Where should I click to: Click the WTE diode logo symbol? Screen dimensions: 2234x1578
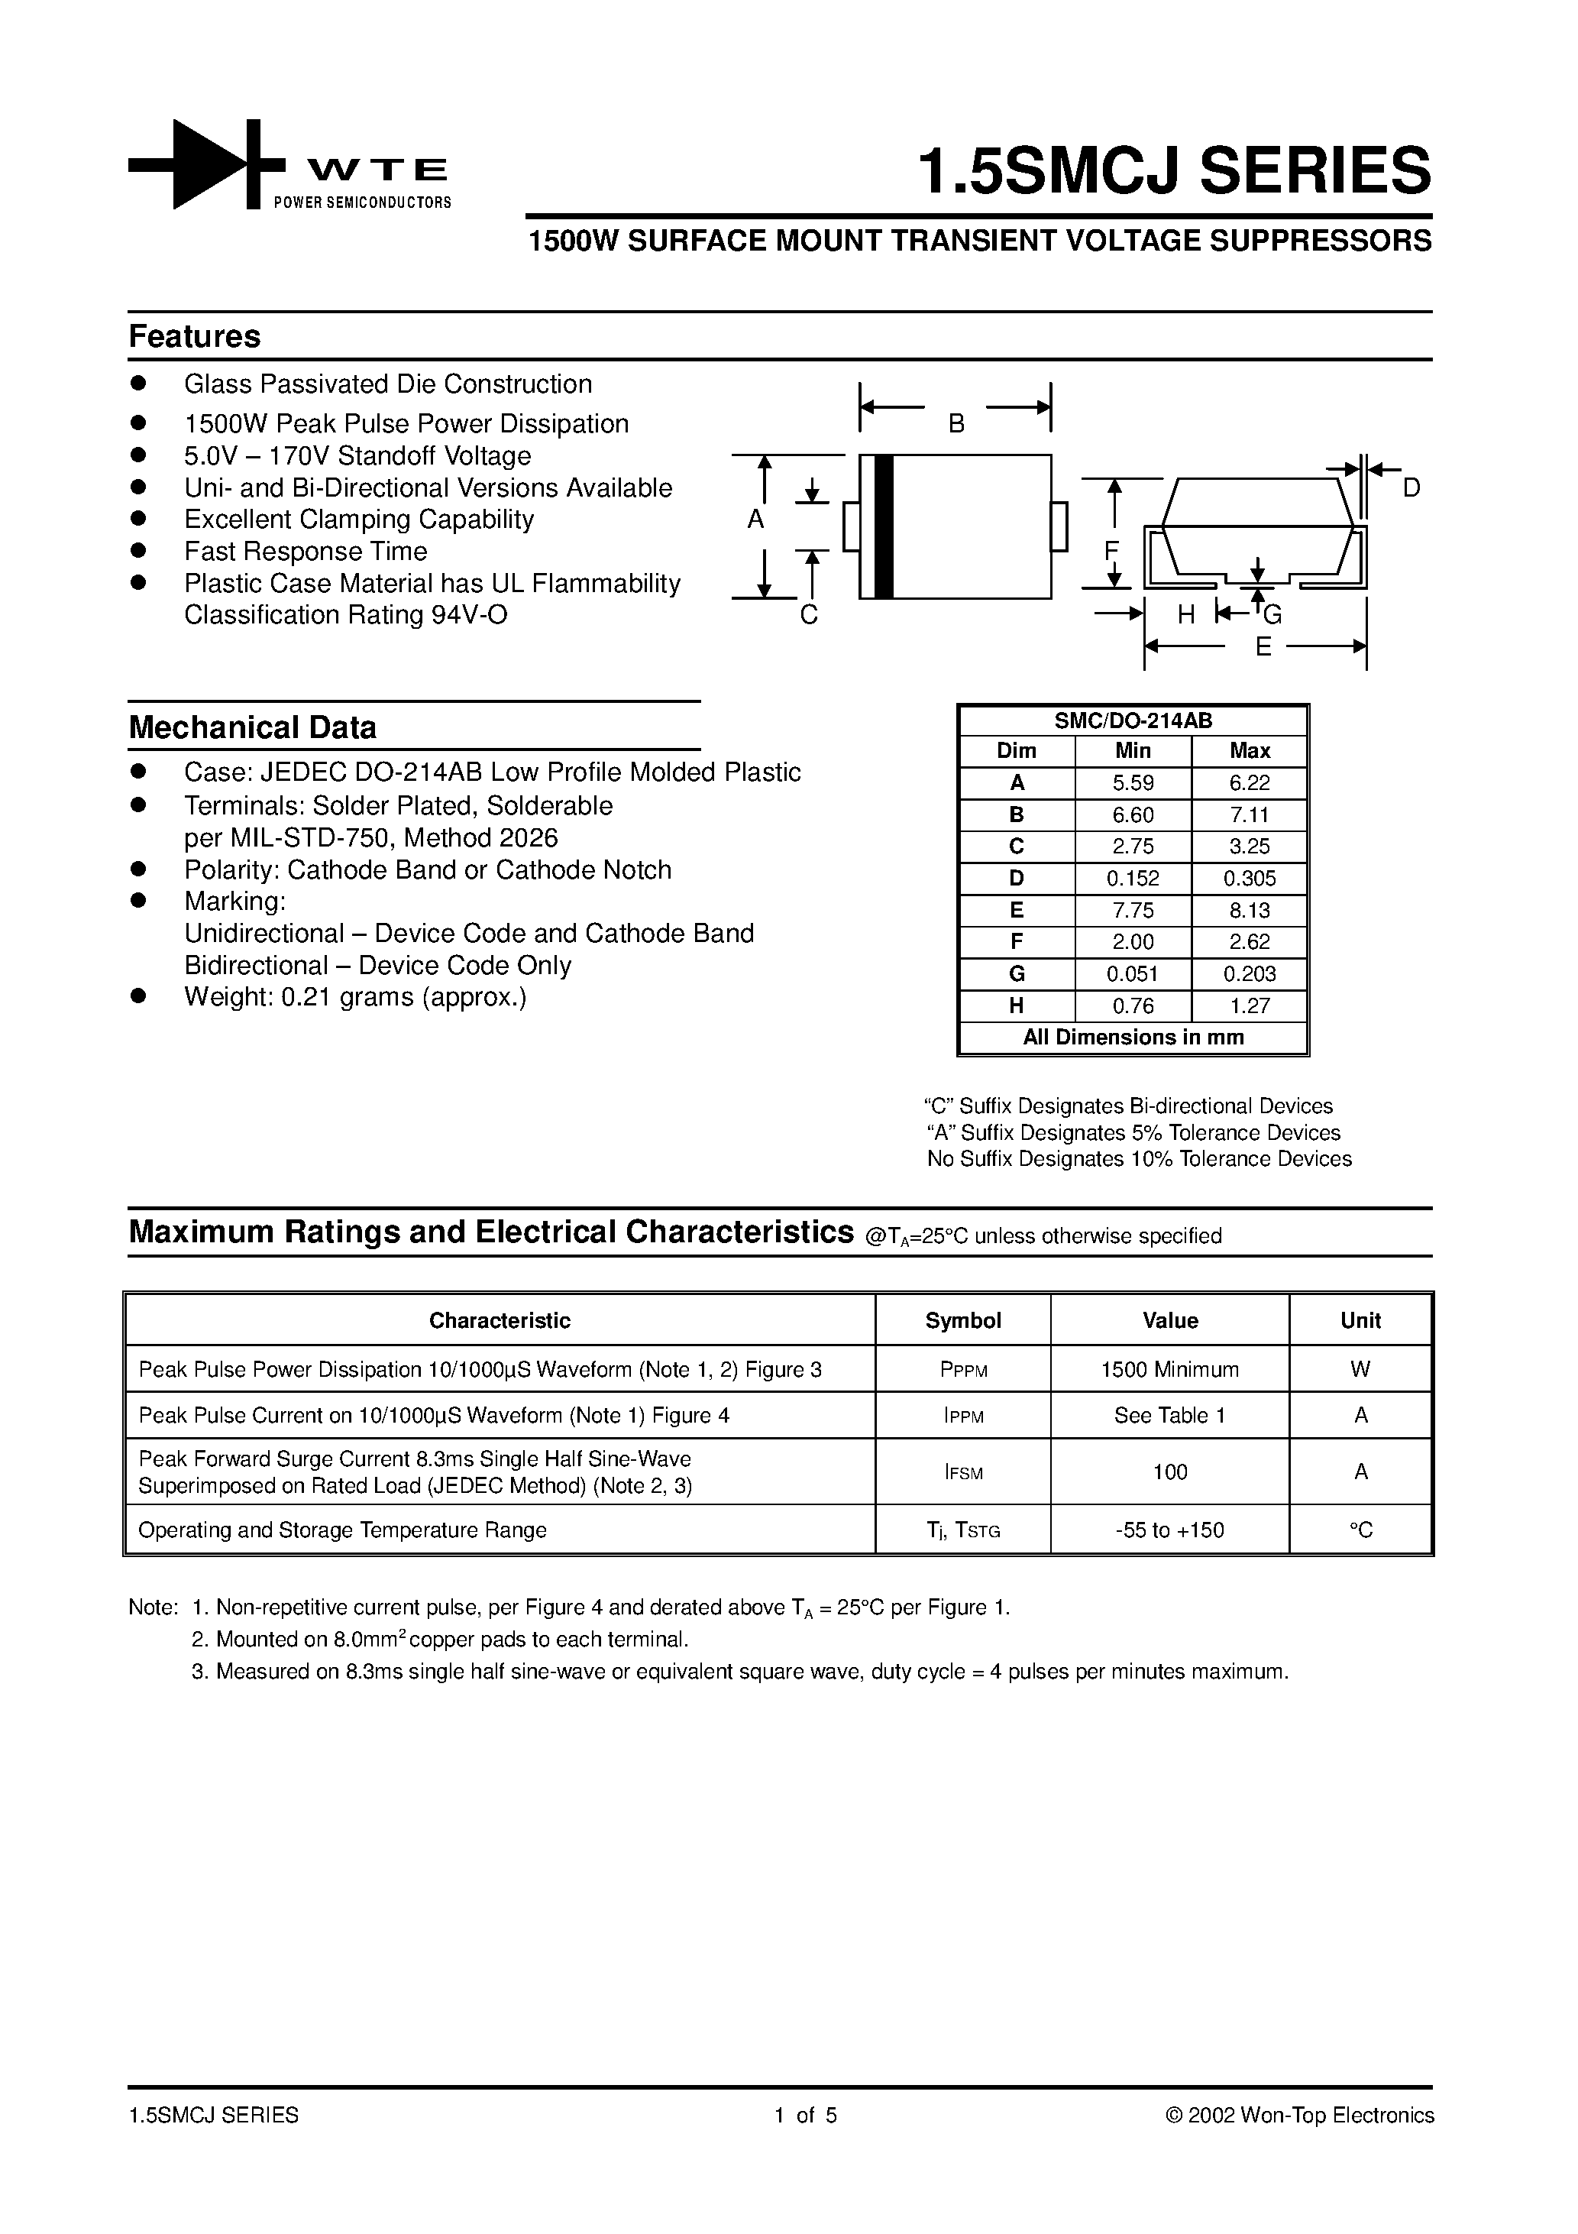pos(206,164)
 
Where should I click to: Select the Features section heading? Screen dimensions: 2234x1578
pos(195,337)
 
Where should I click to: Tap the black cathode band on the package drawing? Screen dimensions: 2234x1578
pos(884,526)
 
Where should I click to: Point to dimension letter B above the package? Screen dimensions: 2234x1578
pos(956,424)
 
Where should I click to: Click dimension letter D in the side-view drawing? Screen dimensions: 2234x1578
pos(1411,488)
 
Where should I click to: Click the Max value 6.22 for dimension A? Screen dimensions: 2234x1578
pos(1249,783)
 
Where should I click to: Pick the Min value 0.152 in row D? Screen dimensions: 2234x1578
pos(1133,879)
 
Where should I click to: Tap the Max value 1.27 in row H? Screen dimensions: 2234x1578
pos(1249,1006)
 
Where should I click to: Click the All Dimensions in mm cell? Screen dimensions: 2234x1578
pos(1133,1038)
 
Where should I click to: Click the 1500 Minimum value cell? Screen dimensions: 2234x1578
pos(1169,1370)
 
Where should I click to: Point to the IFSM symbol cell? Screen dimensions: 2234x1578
pos(963,1472)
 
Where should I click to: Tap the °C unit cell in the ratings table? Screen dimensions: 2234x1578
pos(1360,1530)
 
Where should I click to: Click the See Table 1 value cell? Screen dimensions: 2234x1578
pos(1169,1416)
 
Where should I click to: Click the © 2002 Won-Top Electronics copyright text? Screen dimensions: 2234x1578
pos(1298,2116)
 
